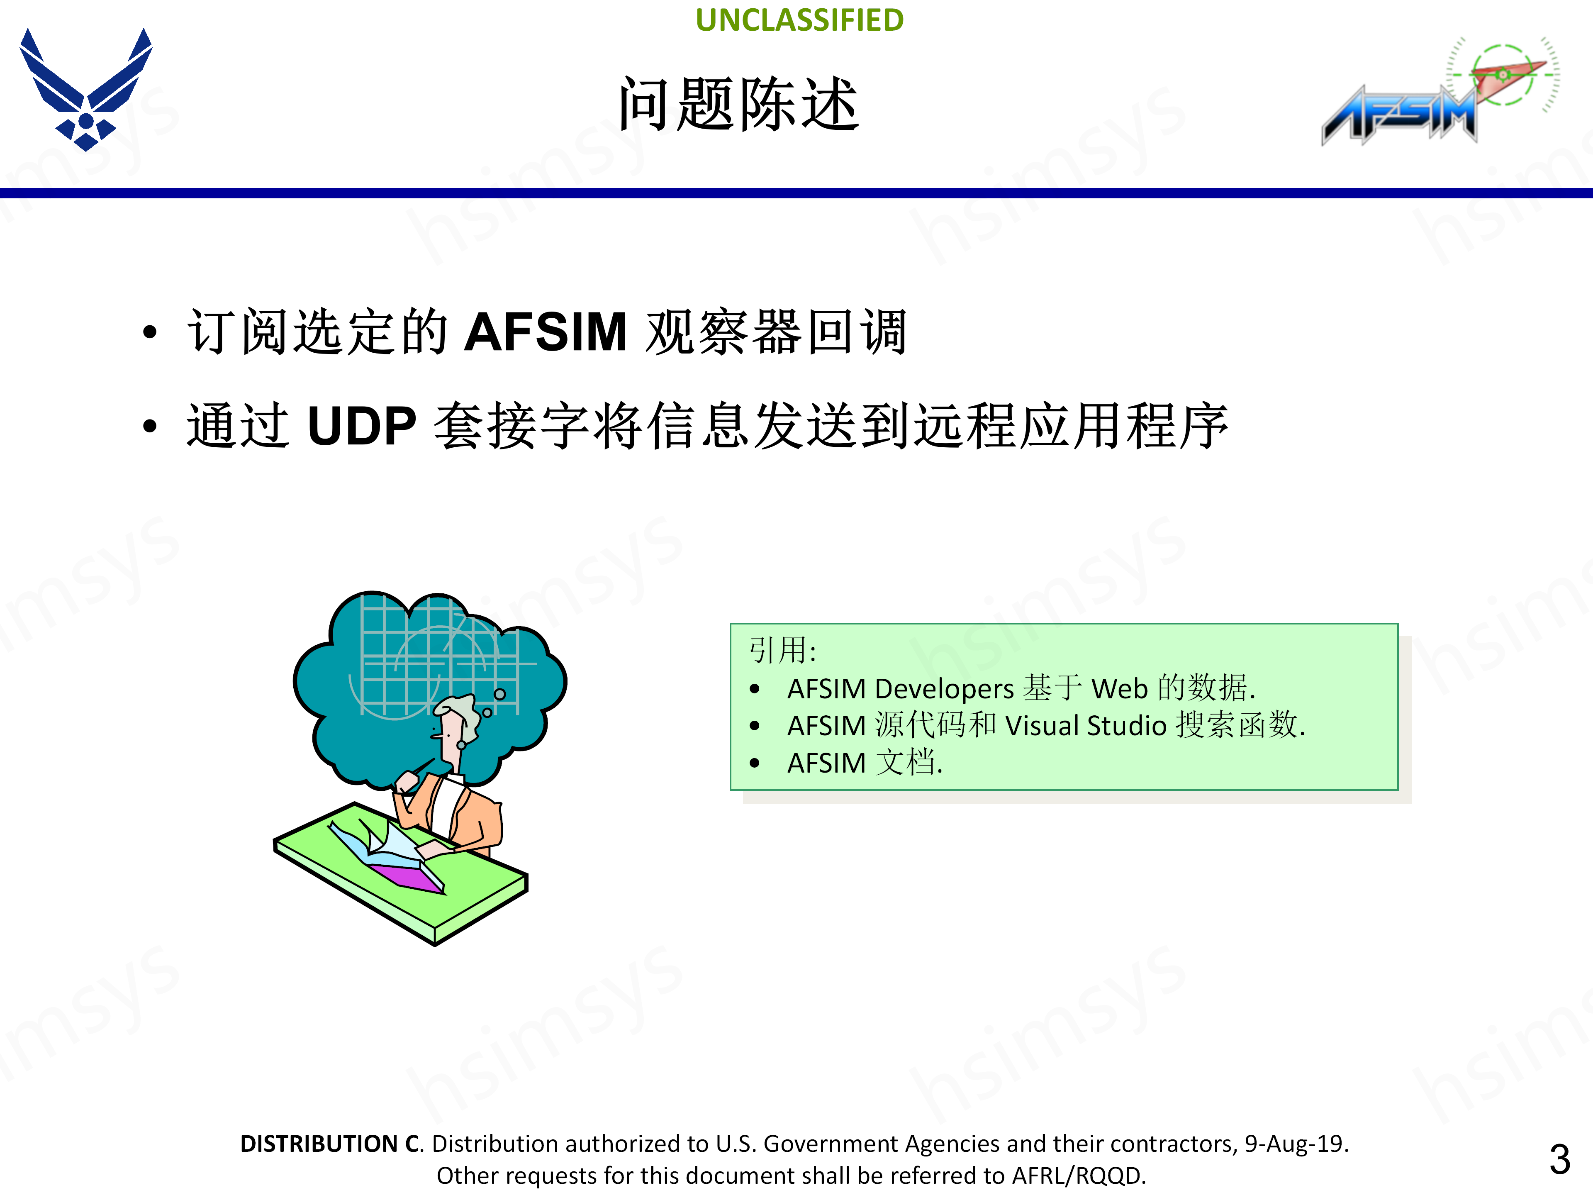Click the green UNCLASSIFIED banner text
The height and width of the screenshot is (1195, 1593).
pyautogui.click(x=799, y=20)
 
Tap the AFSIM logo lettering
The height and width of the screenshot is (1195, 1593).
pyautogui.click(x=1397, y=115)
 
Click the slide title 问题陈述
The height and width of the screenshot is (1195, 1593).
pyautogui.click(x=738, y=105)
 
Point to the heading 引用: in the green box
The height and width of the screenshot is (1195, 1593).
pyautogui.click(x=783, y=650)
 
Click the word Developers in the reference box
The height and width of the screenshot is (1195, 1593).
pyautogui.click(x=943, y=689)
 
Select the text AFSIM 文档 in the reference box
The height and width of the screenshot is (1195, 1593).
pyautogui.click(x=864, y=763)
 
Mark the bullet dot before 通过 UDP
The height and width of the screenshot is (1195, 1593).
pyautogui.click(x=149, y=427)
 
